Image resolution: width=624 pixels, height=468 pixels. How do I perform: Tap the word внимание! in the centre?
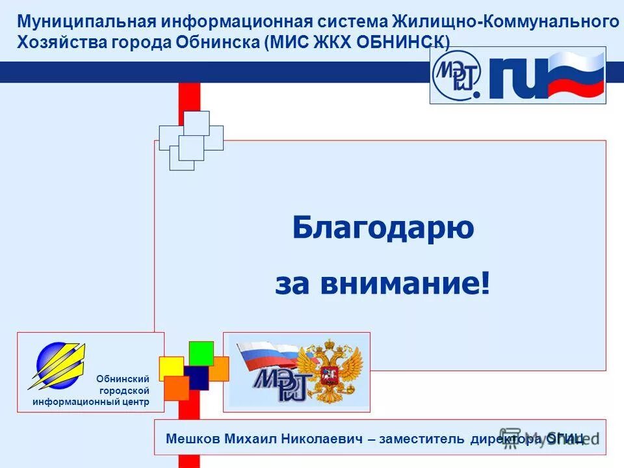click(417, 285)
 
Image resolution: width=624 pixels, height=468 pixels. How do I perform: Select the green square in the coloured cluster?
click(201, 353)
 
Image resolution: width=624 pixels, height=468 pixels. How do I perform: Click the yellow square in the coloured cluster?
click(171, 367)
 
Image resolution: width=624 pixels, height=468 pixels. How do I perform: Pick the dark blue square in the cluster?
click(196, 378)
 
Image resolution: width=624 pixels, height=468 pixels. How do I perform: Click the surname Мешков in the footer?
click(193, 439)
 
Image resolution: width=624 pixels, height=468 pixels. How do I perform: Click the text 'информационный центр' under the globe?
click(91, 402)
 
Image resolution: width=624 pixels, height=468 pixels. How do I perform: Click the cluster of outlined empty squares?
click(191, 140)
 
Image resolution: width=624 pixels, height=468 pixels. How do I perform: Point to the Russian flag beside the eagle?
click(266, 357)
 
